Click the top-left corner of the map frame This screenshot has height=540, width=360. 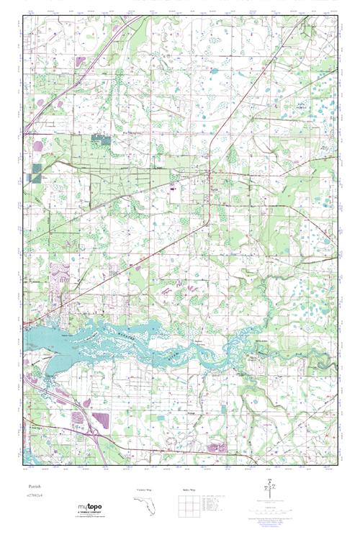point(24,16)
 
